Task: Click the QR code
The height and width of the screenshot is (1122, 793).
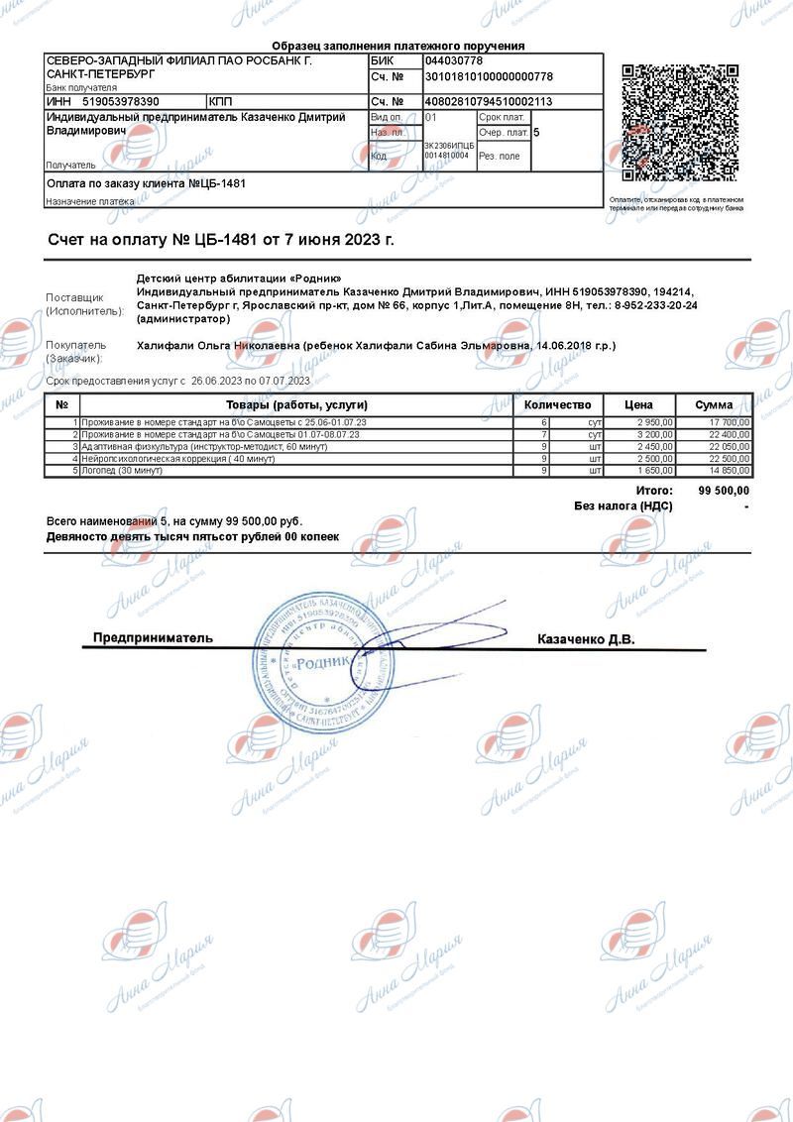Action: pyautogui.click(x=680, y=124)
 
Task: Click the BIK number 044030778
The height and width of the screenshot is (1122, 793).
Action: pyautogui.click(x=454, y=61)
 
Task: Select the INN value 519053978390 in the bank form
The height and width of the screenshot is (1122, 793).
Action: pyautogui.click(x=121, y=101)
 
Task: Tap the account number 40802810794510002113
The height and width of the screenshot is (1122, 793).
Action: pyautogui.click(x=489, y=101)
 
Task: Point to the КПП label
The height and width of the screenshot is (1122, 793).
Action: pyautogui.click(x=220, y=101)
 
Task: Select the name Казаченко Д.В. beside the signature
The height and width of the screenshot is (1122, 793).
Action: pyautogui.click(x=586, y=639)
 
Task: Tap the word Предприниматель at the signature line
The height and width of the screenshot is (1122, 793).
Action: pyautogui.click(x=153, y=637)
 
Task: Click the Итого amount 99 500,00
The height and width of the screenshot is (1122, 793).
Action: pyautogui.click(x=724, y=491)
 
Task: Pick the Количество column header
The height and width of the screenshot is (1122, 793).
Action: pyautogui.click(x=557, y=404)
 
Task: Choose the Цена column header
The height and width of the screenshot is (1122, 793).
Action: pyautogui.click(x=638, y=404)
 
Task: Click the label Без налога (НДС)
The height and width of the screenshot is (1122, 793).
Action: pyautogui.click(x=623, y=505)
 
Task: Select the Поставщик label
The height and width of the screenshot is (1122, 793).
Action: pyautogui.click(x=74, y=297)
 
